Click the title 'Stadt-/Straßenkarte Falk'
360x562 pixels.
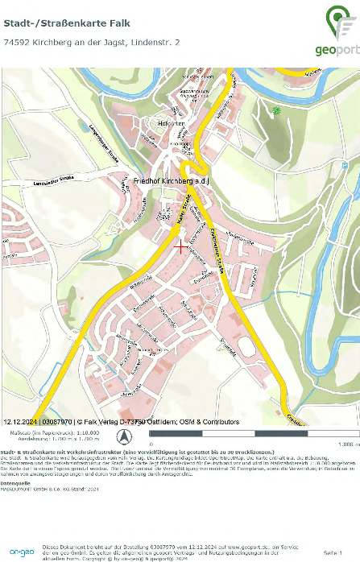[x=55, y=23]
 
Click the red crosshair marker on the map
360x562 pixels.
[x=182, y=247]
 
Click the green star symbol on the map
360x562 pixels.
[x=277, y=110]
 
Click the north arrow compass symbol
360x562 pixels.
[x=124, y=436]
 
